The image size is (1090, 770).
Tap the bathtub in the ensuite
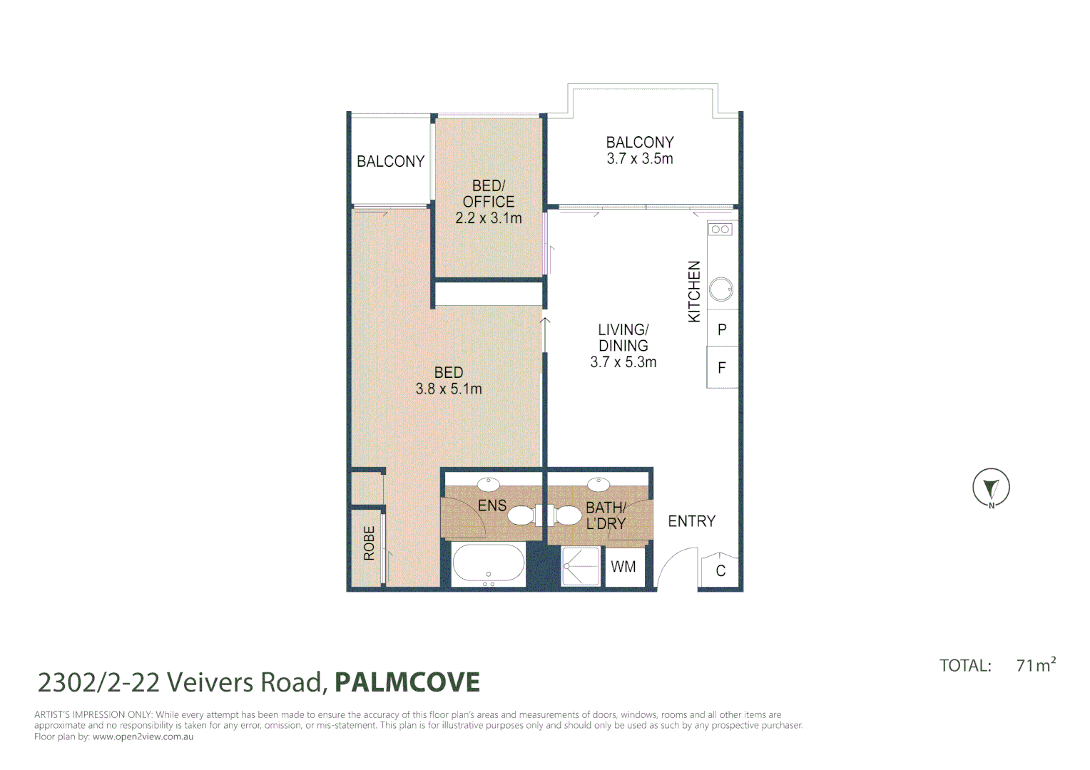click(x=489, y=563)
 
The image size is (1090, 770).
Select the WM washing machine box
click(x=624, y=567)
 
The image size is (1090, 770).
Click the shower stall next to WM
click(x=580, y=566)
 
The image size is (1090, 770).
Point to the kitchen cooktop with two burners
click(x=720, y=229)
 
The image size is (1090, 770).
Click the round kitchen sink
click(x=720, y=290)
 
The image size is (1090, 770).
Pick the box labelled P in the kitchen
click(x=722, y=328)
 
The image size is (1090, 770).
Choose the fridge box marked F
click(x=722, y=366)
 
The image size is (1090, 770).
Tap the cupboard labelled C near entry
click(x=720, y=570)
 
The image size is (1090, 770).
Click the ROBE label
click(x=369, y=543)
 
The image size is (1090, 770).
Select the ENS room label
click(x=492, y=505)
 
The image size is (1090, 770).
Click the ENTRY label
click(x=691, y=521)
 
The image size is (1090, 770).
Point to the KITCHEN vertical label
click(x=694, y=292)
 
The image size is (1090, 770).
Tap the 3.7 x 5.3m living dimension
click(x=623, y=362)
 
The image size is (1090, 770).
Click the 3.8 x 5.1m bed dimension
click(x=449, y=389)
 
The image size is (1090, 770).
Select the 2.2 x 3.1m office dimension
click(x=489, y=218)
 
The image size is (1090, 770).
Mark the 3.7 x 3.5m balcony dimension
click(x=640, y=158)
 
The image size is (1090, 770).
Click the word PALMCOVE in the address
click(x=407, y=682)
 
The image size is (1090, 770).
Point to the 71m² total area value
click(x=1036, y=664)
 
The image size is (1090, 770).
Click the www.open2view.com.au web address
click(x=143, y=736)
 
